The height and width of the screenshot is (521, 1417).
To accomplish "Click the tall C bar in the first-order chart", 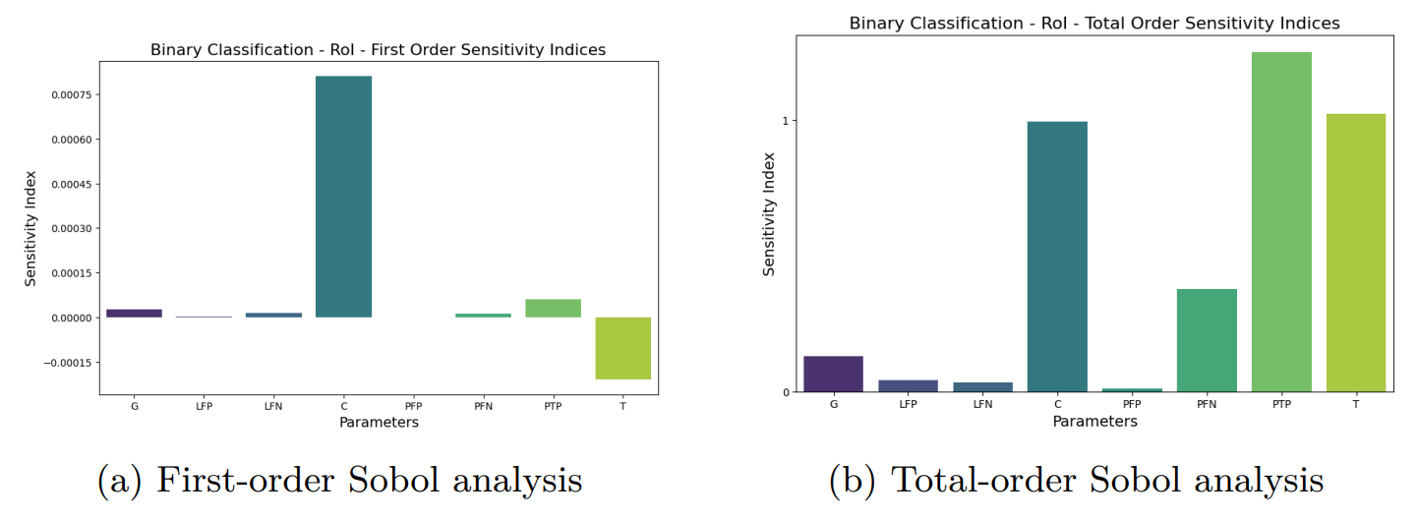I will pyautogui.click(x=343, y=197).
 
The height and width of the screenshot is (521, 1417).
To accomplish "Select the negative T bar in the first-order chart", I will pyautogui.click(x=622, y=348).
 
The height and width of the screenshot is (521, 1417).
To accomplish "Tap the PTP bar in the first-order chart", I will pyautogui.click(x=553, y=308).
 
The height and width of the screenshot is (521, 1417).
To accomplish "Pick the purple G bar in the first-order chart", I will pyautogui.click(x=134, y=314).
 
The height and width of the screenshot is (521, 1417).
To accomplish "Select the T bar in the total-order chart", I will pyautogui.click(x=1355, y=253).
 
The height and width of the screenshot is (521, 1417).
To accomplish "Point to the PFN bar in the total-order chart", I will pyautogui.click(x=1207, y=340).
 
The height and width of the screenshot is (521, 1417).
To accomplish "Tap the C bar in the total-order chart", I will pyautogui.click(x=1057, y=257).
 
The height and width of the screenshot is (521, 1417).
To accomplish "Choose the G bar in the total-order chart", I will pyautogui.click(x=833, y=374).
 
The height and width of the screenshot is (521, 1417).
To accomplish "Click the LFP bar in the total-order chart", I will pyautogui.click(x=908, y=385).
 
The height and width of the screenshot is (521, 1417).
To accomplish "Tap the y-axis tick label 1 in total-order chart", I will pyautogui.click(x=786, y=121).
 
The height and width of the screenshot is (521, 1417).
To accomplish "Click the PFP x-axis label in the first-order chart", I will pyautogui.click(x=413, y=405).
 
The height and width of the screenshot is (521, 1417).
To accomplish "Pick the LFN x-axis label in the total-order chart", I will pyautogui.click(x=982, y=404).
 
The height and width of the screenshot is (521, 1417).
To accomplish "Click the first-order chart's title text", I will pyautogui.click(x=378, y=49).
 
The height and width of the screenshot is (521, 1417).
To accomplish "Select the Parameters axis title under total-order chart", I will pyautogui.click(x=1094, y=422).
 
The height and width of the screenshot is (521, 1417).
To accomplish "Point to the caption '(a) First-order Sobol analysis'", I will pyautogui.click(x=340, y=481).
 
